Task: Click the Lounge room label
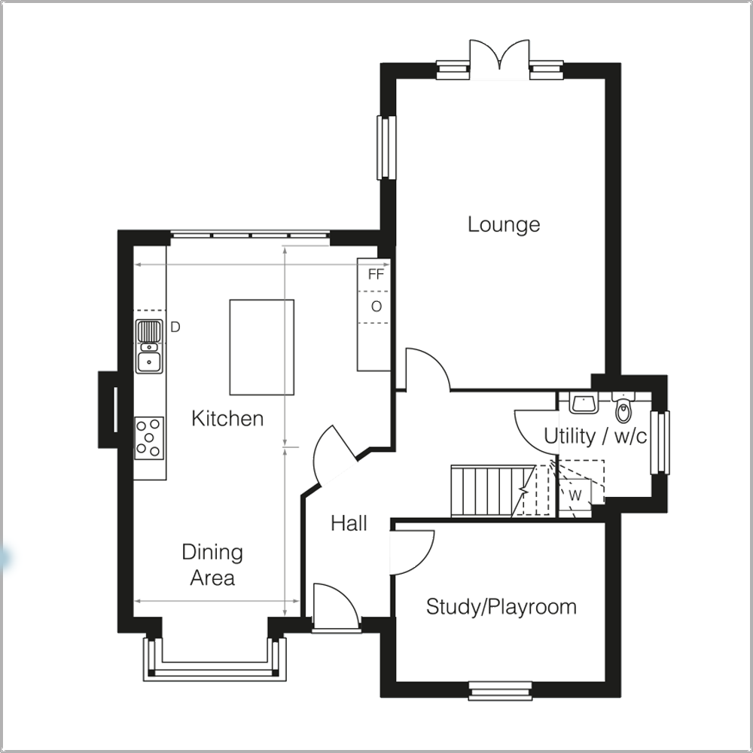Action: click(x=504, y=224)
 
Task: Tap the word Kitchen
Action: click(x=227, y=419)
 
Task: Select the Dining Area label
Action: click(x=212, y=565)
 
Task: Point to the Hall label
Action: click(x=349, y=523)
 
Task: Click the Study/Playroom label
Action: click(x=501, y=607)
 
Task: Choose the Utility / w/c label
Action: click(x=595, y=436)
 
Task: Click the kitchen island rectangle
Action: click(x=261, y=346)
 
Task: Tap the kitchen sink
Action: click(x=149, y=346)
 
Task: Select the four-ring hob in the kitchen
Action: click(x=149, y=437)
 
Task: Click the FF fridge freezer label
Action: click(x=376, y=275)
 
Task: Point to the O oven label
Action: click(x=376, y=306)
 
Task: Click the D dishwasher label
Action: click(x=175, y=327)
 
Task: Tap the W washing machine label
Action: click(x=575, y=495)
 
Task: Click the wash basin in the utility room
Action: click(x=583, y=404)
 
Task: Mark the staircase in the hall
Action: click(x=486, y=490)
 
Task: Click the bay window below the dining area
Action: click(x=215, y=663)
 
